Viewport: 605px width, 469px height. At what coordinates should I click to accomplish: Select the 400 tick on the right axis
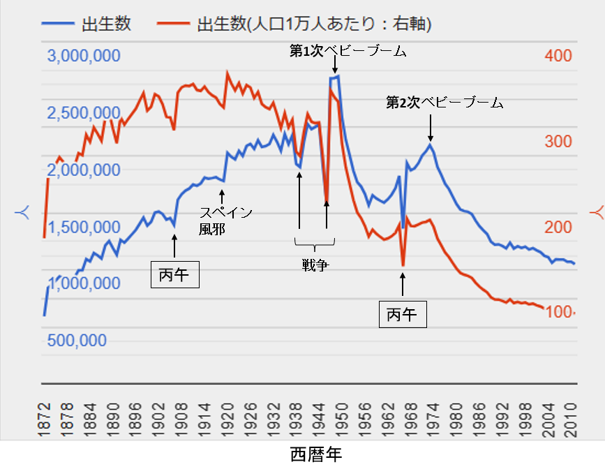point(558,56)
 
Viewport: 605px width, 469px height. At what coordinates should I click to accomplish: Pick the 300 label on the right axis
point(558,142)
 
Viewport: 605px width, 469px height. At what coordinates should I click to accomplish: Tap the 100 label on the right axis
point(558,312)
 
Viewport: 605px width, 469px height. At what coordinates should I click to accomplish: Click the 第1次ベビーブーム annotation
point(348,51)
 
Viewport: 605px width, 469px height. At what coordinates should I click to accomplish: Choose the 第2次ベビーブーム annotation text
point(445,103)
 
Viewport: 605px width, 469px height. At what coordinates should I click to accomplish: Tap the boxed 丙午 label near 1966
point(402,315)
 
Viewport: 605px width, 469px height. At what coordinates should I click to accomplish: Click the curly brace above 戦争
point(315,244)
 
